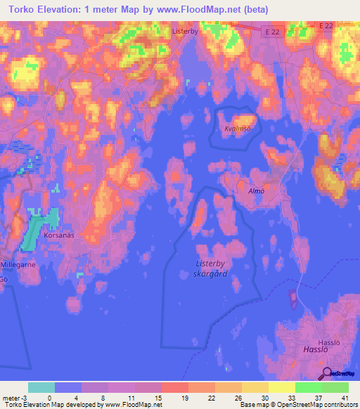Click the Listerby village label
tap(186, 32)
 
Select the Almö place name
tap(255, 190)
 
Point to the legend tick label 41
tap(345, 397)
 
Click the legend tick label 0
tap(49, 397)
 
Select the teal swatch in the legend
tap(41, 387)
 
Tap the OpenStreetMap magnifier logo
tap(327, 373)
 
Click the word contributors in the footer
tap(338, 405)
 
